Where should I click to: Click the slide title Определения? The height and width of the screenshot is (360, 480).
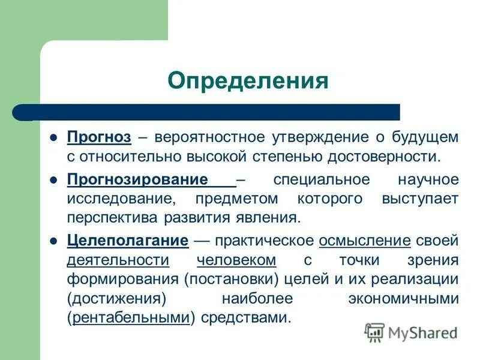(x=248, y=80)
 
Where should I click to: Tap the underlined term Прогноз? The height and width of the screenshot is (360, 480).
(x=98, y=137)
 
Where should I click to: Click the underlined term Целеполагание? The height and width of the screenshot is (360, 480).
(x=128, y=241)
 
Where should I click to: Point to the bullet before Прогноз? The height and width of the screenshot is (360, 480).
(x=53, y=137)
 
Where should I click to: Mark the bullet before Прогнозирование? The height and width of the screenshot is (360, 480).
(x=53, y=179)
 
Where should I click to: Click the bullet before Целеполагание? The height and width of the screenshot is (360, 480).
(x=53, y=241)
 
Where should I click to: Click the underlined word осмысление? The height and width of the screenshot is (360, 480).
(x=365, y=241)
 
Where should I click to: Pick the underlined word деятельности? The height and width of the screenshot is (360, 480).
(x=118, y=260)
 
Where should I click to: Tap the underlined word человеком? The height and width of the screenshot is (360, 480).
(x=236, y=260)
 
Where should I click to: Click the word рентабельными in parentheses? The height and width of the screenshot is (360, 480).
(x=131, y=318)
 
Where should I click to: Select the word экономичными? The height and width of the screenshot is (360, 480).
(x=403, y=299)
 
